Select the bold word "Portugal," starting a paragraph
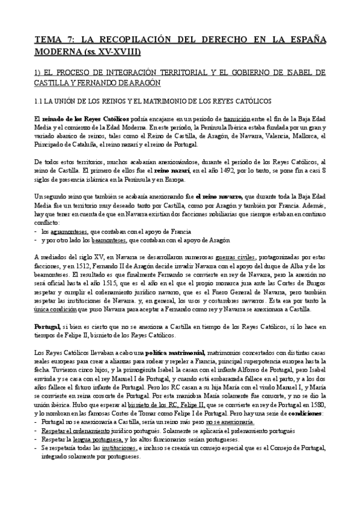47,326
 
